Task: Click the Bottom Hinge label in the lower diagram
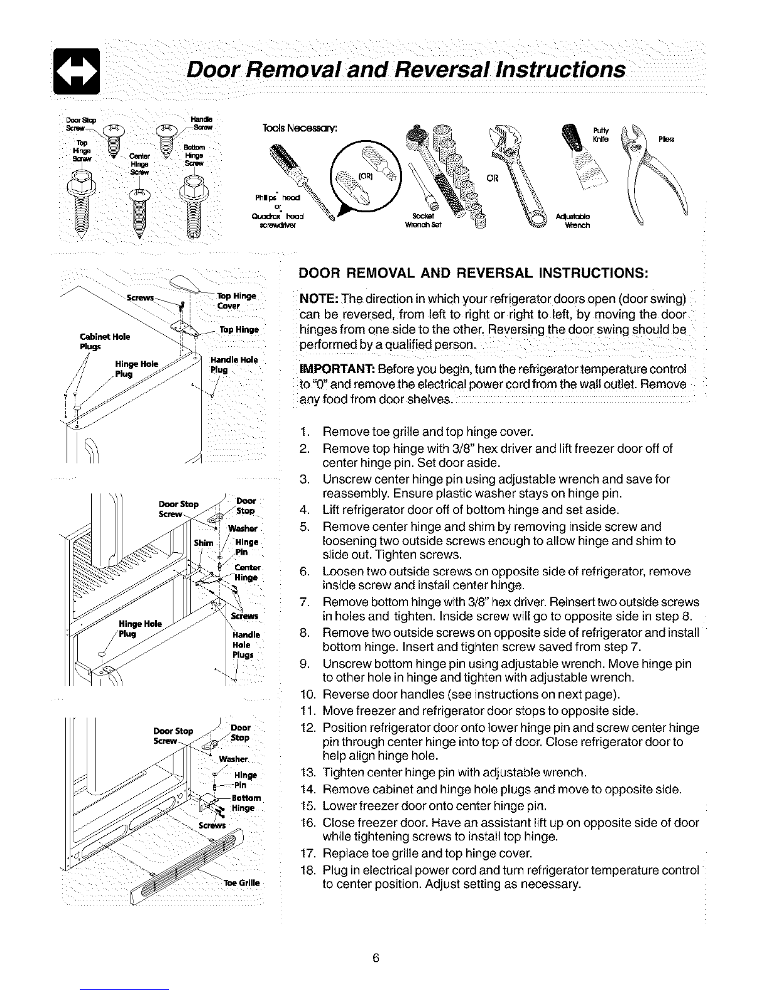pos(241,803)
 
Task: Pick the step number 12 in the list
pos(307,727)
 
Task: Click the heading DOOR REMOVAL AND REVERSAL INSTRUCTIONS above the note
pos(474,273)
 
